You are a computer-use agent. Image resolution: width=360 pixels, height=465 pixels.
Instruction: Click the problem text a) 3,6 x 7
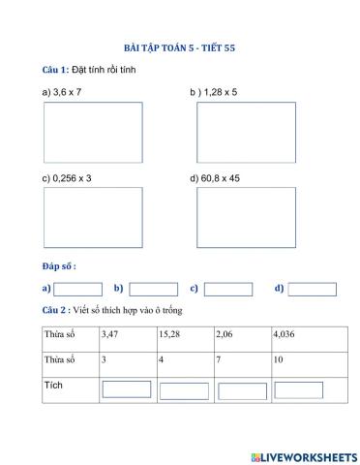(62, 91)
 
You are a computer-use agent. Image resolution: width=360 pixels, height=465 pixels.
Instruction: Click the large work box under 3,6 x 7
(79, 132)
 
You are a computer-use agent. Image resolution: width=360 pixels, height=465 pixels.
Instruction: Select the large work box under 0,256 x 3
(79, 218)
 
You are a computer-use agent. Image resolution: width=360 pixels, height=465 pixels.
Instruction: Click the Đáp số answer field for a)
(77, 289)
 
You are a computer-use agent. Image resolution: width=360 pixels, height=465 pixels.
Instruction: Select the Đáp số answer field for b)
(153, 289)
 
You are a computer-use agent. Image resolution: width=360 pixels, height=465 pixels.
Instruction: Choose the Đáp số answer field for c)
(228, 289)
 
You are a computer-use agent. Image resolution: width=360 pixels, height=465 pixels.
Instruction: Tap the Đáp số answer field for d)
(312, 289)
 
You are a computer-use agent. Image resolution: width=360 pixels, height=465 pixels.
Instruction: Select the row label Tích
(53, 387)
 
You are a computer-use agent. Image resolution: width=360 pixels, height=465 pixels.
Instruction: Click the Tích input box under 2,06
(242, 390)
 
